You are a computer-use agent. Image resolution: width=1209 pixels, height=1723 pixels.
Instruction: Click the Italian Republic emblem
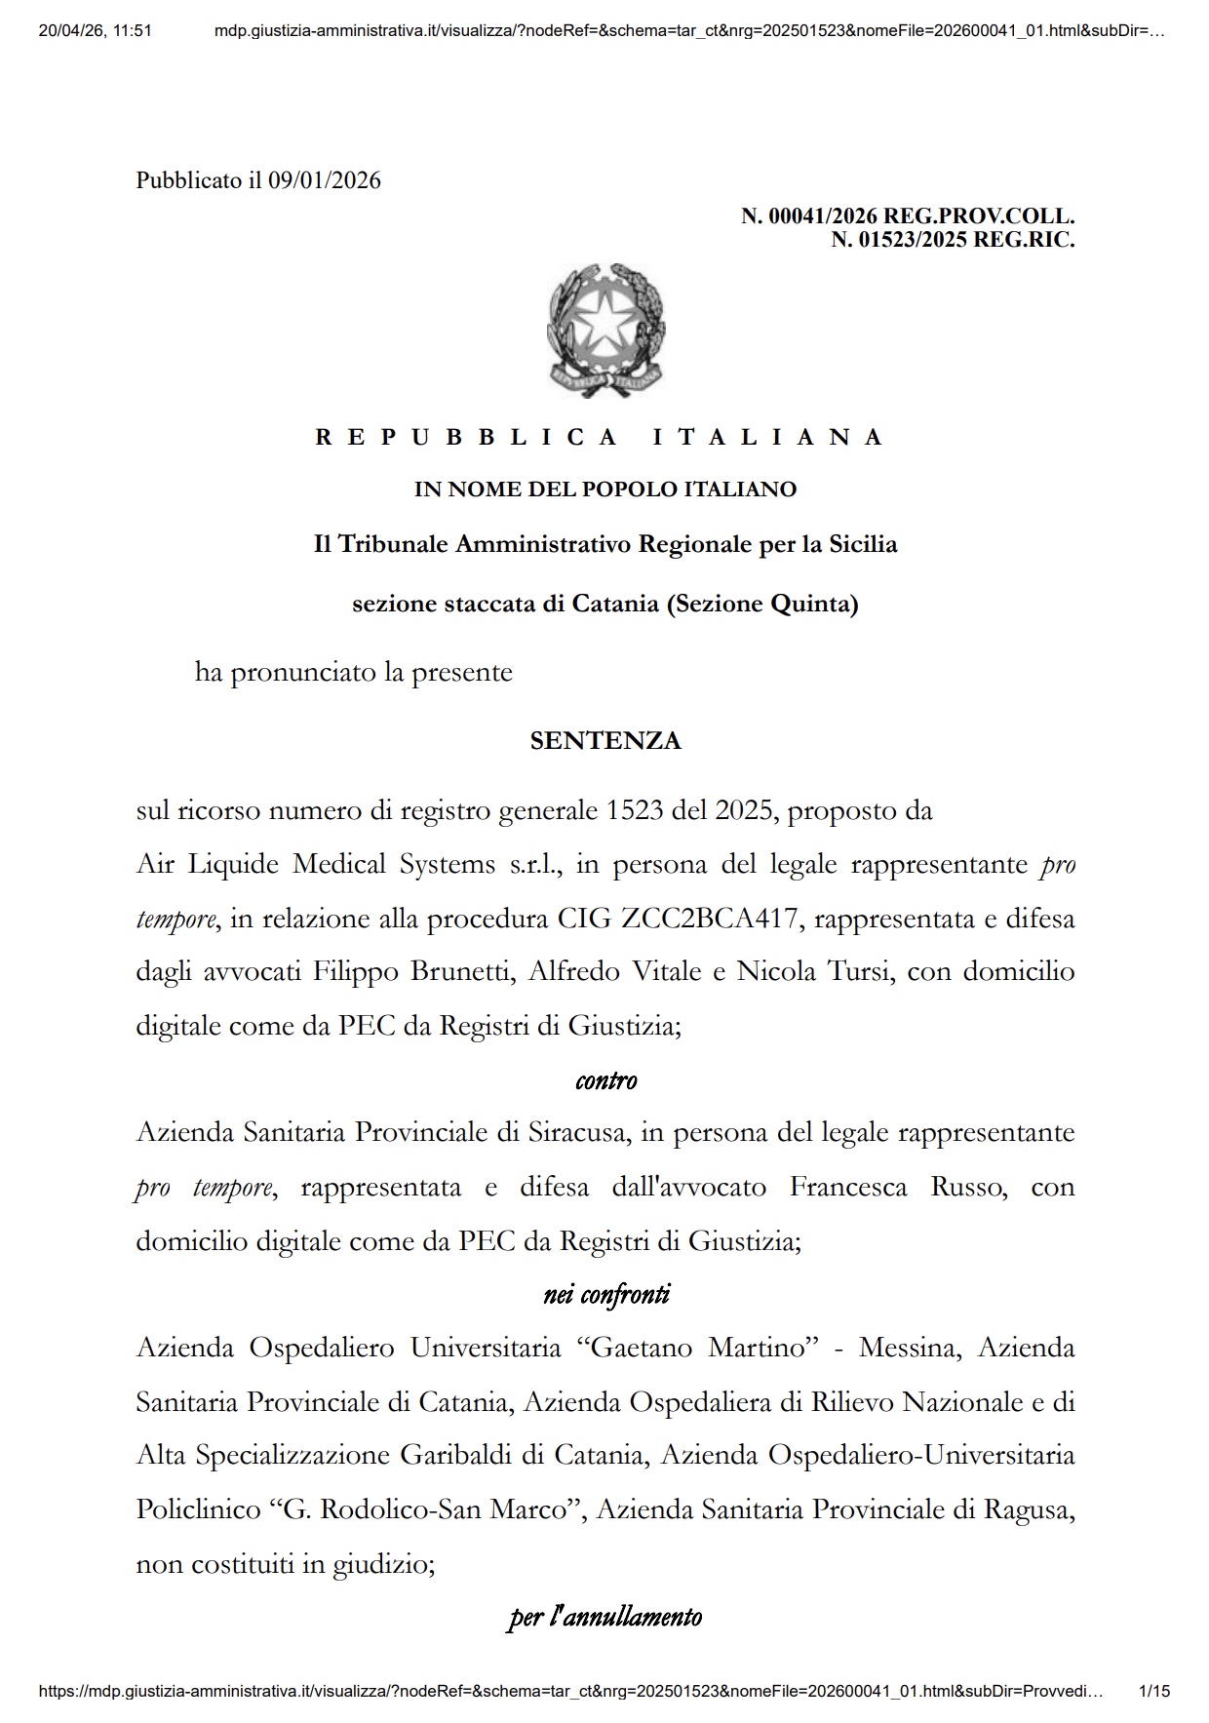tap(605, 330)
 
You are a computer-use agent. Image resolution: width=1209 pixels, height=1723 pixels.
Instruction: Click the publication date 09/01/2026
tap(325, 180)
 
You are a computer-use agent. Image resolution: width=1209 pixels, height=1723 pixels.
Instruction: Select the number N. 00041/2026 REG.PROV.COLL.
tap(907, 215)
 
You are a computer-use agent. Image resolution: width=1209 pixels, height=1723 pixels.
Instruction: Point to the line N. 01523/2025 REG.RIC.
tap(952, 239)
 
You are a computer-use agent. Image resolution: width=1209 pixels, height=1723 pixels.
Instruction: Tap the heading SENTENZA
tap(605, 741)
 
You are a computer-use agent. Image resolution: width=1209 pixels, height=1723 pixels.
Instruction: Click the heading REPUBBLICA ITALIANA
tap(599, 437)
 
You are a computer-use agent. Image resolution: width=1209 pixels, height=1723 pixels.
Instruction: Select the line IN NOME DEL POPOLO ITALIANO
tap(605, 489)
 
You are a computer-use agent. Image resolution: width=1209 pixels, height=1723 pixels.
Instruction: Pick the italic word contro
tap(605, 1080)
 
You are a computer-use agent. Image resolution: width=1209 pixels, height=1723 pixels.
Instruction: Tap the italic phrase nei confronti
tap(605, 1295)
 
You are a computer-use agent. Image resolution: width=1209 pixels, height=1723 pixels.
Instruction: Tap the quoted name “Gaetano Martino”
tap(697, 1349)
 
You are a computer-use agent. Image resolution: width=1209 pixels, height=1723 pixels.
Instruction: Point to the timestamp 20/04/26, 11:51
tap(96, 30)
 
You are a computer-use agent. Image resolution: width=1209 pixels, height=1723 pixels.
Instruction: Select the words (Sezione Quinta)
tap(761, 605)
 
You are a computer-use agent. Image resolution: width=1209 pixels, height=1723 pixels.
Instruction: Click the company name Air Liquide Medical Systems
tap(317, 865)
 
